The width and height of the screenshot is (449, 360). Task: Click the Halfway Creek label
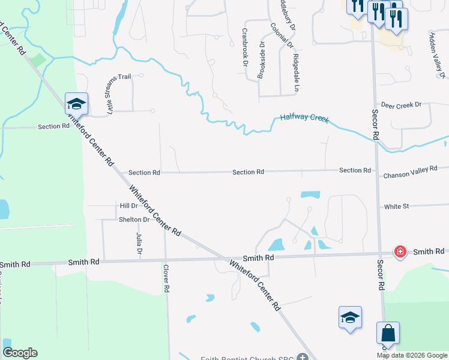(304, 118)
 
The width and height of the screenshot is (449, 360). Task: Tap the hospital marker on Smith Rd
(400, 252)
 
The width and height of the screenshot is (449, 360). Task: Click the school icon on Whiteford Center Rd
(77, 104)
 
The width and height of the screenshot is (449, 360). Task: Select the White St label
(396, 206)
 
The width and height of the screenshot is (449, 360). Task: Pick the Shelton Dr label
(134, 220)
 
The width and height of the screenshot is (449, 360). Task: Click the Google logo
(19, 353)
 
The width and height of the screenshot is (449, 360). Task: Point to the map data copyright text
(412, 355)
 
